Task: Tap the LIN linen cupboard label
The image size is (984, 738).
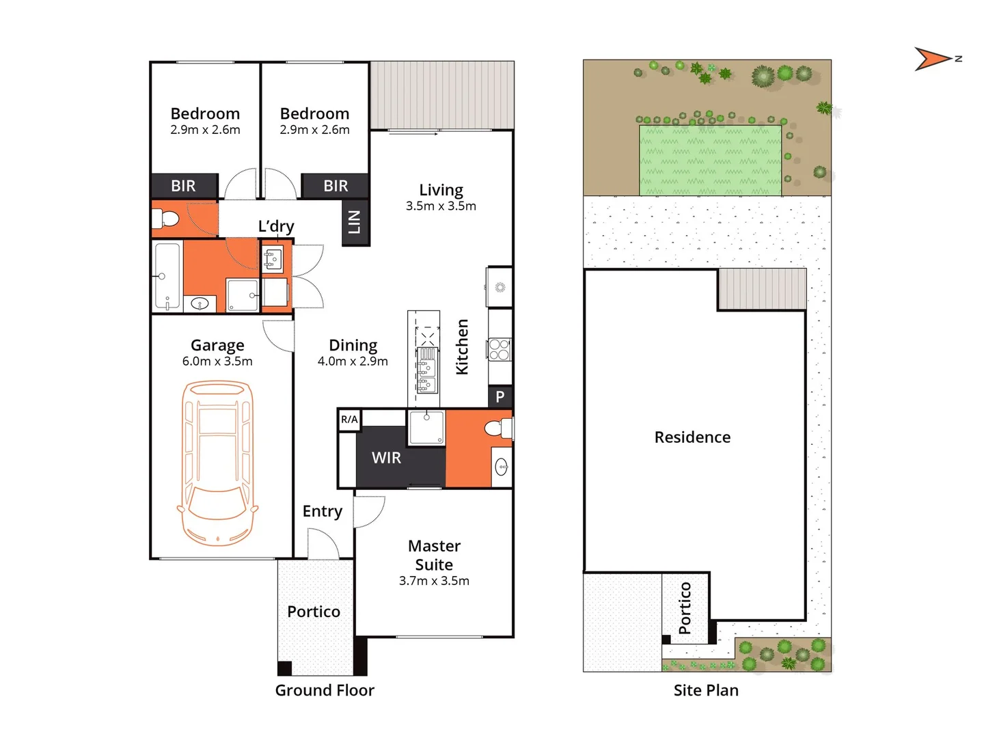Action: pyautogui.click(x=355, y=222)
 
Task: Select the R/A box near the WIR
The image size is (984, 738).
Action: pyautogui.click(x=349, y=420)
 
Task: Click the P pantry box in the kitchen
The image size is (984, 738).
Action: pyautogui.click(x=500, y=396)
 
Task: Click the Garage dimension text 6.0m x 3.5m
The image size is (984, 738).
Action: pyautogui.click(x=217, y=361)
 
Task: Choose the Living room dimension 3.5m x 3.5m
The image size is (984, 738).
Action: pyautogui.click(x=441, y=206)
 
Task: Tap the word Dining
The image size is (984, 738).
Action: pyautogui.click(x=353, y=345)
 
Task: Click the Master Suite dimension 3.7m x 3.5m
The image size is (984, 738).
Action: pyautogui.click(x=434, y=581)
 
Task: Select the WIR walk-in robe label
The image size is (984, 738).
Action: pyautogui.click(x=386, y=458)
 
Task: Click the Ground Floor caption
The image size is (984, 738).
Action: pyautogui.click(x=325, y=690)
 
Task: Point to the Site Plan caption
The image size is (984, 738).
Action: pyautogui.click(x=706, y=690)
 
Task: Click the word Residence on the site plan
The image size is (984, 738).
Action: pyautogui.click(x=692, y=437)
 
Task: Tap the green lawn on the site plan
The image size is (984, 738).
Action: pyautogui.click(x=710, y=160)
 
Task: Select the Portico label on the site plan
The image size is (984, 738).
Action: pyautogui.click(x=685, y=608)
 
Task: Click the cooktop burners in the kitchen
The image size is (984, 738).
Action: pyautogui.click(x=499, y=350)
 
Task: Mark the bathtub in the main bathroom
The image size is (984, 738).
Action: pyautogui.click(x=167, y=276)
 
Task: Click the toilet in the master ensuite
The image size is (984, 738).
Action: pyautogui.click(x=497, y=428)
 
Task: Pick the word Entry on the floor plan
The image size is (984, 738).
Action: pyautogui.click(x=322, y=511)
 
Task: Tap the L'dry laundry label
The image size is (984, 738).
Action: pyautogui.click(x=276, y=226)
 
